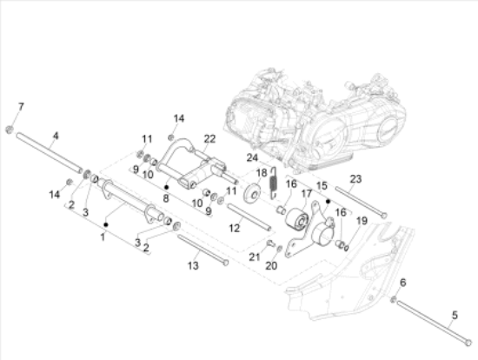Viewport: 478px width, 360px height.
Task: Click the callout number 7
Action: tap(21, 106)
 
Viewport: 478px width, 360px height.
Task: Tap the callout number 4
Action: tap(56, 136)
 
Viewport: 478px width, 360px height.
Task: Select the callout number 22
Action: tap(209, 139)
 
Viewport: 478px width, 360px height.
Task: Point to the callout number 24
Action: tap(252, 157)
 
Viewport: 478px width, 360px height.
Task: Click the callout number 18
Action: tap(262, 173)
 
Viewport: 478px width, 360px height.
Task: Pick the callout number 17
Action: tap(307, 193)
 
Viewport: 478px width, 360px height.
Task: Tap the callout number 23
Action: tap(355, 179)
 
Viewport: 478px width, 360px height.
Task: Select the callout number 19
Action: tap(362, 221)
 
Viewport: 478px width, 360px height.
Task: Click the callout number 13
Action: tap(193, 266)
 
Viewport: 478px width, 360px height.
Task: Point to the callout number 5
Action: tap(455, 315)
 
